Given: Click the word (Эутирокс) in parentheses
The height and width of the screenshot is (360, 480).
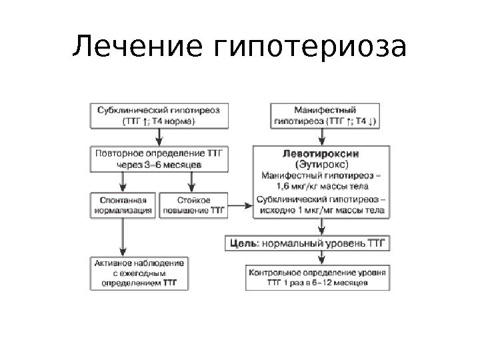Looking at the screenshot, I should [x=321, y=163].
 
